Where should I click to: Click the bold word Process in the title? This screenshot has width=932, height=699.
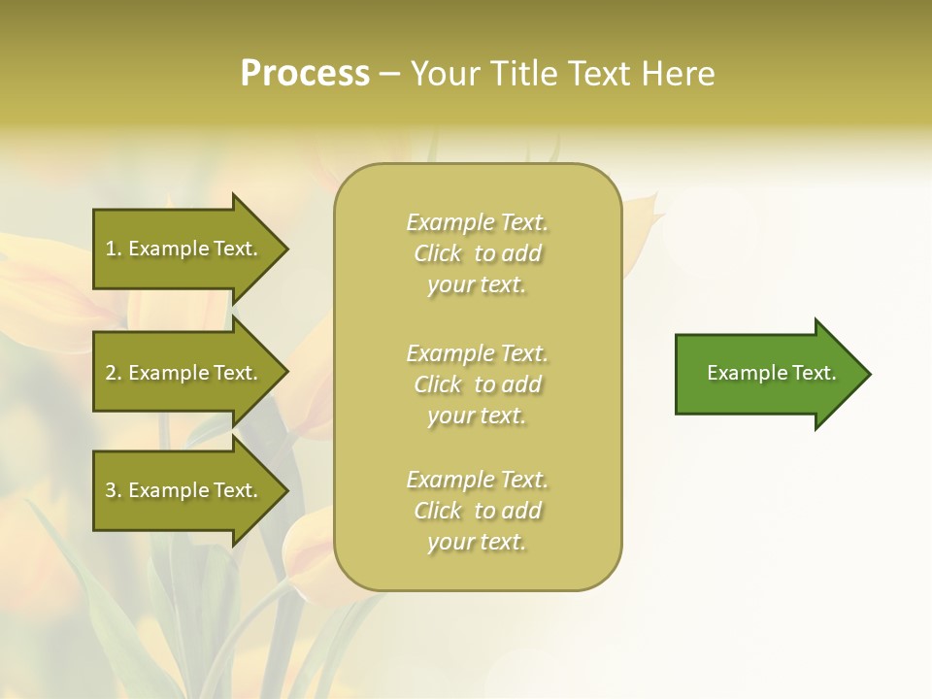click(x=305, y=74)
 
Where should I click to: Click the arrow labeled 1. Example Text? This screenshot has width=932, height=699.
click(x=182, y=249)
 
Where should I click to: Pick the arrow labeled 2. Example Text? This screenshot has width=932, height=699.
click(x=182, y=373)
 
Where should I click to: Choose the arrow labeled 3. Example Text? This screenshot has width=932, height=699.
click(x=182, y=490)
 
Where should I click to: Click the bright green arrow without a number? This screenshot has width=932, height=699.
click(x=767, y=374)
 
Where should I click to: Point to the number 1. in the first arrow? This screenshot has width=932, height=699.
click(x=114, y=249)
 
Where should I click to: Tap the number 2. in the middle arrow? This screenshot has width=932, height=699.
click(x=114, y=373)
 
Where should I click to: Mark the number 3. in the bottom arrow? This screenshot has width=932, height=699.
click(x=114, y=490)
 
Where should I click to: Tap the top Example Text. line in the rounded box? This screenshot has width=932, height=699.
click(x=477, y=222)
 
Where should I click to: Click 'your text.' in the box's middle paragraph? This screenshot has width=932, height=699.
click(x=477, y=416)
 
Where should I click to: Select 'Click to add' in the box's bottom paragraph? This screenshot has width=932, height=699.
click(x=477, y=511)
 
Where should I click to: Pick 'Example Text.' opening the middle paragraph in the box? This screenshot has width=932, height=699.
click(x=477, y=353)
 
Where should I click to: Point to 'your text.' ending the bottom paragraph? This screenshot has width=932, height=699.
click(x=477, y=542)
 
